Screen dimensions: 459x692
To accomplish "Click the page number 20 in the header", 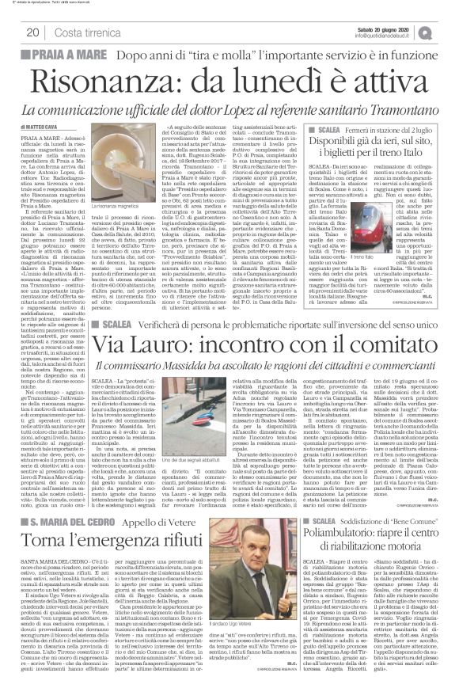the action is (33, 32).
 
